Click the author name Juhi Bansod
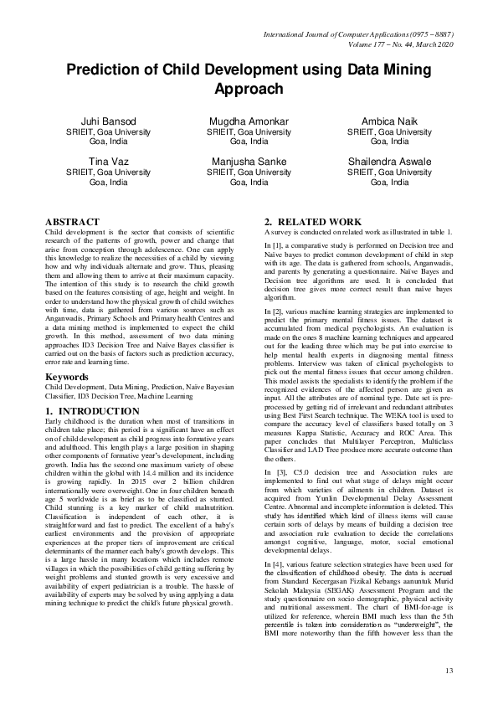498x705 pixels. pos(108,121)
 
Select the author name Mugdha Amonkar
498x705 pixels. pos(249,121)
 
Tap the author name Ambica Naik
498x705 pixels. pos(389,121)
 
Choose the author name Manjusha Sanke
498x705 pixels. pos(249,161)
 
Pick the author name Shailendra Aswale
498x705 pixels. pos(389,161)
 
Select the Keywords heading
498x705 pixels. pos(68,377)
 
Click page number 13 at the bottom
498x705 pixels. pos(449,671)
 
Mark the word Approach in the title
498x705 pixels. pos(249,88)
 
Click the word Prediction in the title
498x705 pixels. pos(110,70)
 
